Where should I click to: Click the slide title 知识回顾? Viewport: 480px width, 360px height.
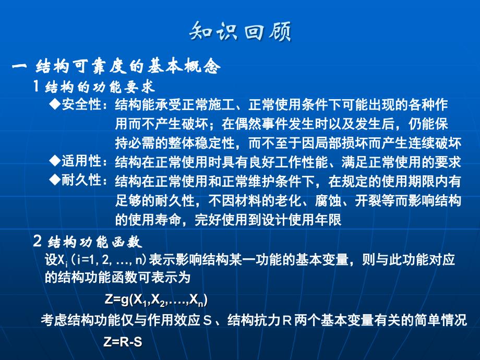click(x=241, y=31)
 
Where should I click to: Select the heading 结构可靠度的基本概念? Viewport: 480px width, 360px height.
click(x=128, y=66)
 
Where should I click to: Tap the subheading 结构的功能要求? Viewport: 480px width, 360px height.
click(x=100, y=87)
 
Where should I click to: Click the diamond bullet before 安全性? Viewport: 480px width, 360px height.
click(x=55, y=105)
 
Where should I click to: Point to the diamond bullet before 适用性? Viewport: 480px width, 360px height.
click(x=55, y=161)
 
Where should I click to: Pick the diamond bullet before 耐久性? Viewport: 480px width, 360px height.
click(x=55, y=179)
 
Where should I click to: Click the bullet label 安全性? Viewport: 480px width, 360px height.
click(x=81, y=105)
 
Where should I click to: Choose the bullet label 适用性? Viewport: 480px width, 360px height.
click(x=81, y=161)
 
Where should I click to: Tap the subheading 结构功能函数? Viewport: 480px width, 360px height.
click(x=95, y=242)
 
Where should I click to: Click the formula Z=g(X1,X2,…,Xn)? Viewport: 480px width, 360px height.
click(x=156, y=299)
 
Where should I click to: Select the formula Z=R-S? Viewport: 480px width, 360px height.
click(x=123, y=342)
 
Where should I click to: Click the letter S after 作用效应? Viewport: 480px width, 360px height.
click(x=208, y=321)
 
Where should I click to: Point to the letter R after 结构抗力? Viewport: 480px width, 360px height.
click(x=287, y=321)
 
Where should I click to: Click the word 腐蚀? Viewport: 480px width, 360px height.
click(x=328, y=201)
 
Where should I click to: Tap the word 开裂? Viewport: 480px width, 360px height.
click(x=368, y=201)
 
